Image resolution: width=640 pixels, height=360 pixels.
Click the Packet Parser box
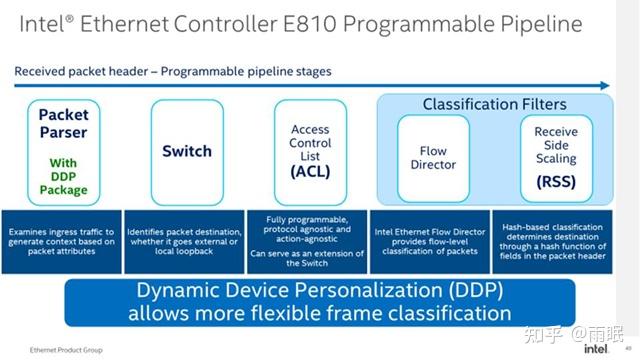pyautogui.click(x=64, y=150)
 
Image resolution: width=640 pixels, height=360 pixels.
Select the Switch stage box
pyautogui.click(x=187, y=151)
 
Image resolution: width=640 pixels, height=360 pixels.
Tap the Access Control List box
pyautogui.click(x=310, y=151)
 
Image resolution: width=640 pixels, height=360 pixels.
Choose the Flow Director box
pyautogui.click(x=433, y=158)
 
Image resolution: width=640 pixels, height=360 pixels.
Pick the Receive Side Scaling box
pyautogui.click(x=555, y=158)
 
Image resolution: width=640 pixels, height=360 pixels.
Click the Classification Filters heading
pyautogui.click(x=494, y=104)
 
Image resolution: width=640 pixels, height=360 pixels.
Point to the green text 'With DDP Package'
pyautogui.click(x=64, y=176)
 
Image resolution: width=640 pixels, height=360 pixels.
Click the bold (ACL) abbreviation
pyautogui.click(x=310, y=172)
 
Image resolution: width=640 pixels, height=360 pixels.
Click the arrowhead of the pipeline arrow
pyautogui.click(x=605, y=85)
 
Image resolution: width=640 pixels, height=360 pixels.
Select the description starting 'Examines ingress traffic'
pyautogui.click(x=62, y=237)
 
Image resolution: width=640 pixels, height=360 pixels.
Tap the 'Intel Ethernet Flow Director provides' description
pyautogui.click(x=432, y=237)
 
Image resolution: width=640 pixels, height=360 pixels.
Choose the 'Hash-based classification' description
pyautogui.click(x=555, y=237)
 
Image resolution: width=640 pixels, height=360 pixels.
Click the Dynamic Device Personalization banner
pyautogui.click(x=320, y=302)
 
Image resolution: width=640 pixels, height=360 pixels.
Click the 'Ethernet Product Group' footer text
pyautogui.click(x=48, y=348)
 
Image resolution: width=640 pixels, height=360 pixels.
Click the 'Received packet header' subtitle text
pyautogui.click(x=85, y=71)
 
